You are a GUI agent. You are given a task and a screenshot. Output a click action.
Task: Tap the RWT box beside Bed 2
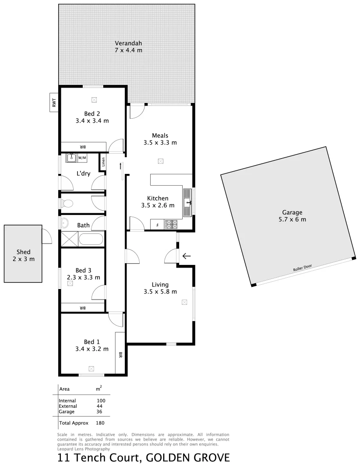(x=54, y=102)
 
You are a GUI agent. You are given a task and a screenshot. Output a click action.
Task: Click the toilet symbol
(x=67, y=204)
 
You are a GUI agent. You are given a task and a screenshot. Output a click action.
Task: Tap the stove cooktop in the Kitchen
(x=170, y=224)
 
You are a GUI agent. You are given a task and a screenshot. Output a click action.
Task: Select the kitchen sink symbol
(x=188, y=202)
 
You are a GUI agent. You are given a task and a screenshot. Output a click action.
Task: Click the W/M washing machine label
(x=82, y=157)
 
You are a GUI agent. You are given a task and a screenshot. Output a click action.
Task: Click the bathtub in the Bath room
(x=92, y=240)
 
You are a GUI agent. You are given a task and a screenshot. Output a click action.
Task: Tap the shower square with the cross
(x=69, y=240)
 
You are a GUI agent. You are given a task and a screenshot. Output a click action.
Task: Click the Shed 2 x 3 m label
(x=23, y=255)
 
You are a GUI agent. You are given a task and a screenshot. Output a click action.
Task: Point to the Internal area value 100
(x=101, y=401)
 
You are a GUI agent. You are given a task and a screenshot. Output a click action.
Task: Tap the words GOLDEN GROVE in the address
(x=188, y=458)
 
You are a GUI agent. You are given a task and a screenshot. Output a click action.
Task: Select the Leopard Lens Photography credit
(x=84, y=449)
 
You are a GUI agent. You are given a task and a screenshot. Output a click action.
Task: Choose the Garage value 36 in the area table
(x=99, y=412)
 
